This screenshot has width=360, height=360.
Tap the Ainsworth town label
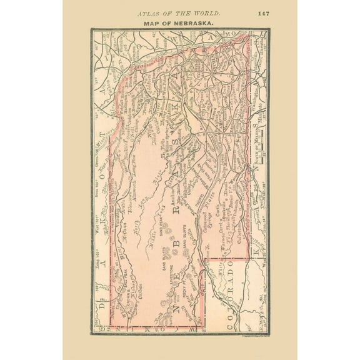[x=129, y=189]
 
